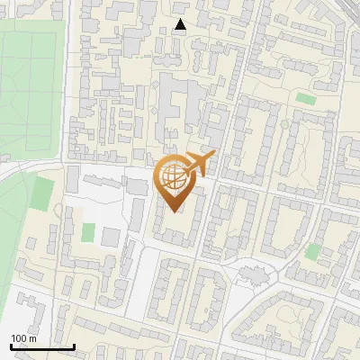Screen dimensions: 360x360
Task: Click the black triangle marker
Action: click(181, 25)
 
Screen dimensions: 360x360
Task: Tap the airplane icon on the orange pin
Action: click(200, 163)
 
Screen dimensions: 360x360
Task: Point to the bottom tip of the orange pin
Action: click(174, 212)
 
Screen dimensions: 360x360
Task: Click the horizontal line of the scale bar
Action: click(42, 346)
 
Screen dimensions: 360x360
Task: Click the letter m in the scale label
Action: click(33, 338)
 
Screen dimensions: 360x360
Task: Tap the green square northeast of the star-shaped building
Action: click(312, 252)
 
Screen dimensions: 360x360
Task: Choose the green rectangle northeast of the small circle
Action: click(306, 97)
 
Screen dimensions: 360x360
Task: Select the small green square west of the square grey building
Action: click(87, 232)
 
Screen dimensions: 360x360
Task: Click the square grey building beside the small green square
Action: click(111, 237)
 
